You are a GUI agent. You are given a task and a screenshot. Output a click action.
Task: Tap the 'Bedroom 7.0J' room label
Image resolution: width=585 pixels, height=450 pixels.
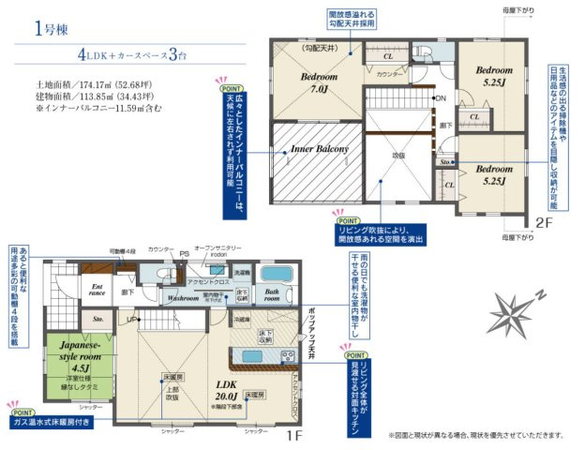tap(315, 82)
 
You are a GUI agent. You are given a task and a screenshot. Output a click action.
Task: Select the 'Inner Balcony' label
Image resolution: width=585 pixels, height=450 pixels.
tap(319, 149)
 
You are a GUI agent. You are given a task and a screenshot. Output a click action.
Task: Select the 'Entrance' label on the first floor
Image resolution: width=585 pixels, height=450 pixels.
tap(96, 291)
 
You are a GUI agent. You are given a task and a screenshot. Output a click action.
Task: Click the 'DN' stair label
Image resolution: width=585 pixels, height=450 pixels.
tap(440, 98)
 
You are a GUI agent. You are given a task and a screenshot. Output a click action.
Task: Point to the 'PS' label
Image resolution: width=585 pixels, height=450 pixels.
tap(186, 252)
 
